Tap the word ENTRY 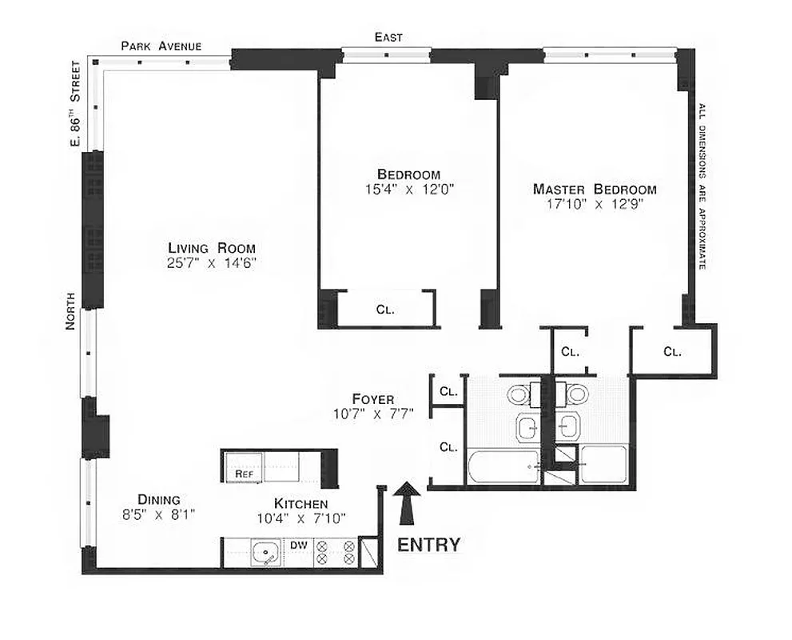click(428, 546)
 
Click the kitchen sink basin click(264, 553)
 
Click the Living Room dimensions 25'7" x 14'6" click(211, 263)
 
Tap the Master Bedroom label click(595, 190)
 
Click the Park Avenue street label click(161, 46)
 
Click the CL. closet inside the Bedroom click(385, 310)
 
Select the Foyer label click(372, 398)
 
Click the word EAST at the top click(388, 37)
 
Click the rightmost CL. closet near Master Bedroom click(672, 351)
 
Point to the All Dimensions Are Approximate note click(702, 186)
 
